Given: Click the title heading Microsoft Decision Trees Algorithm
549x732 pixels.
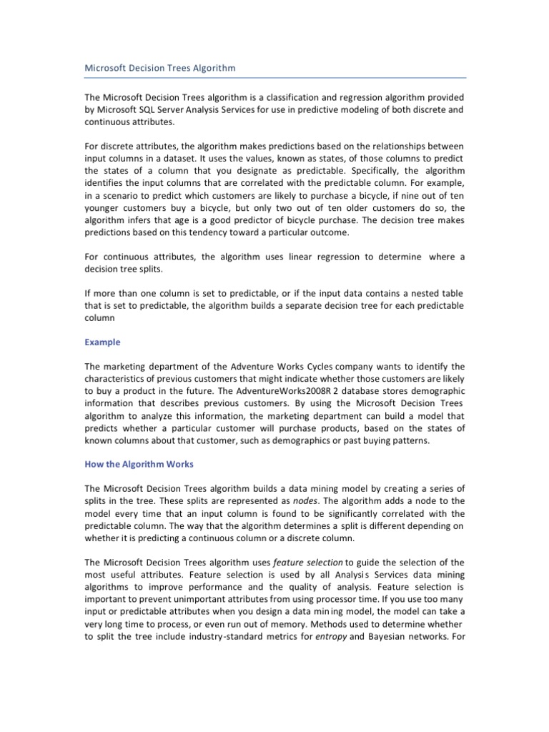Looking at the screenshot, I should (159, 68).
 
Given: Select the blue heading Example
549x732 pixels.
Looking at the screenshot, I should (102, 342).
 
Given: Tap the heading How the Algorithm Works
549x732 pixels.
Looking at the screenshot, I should (139, 464).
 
